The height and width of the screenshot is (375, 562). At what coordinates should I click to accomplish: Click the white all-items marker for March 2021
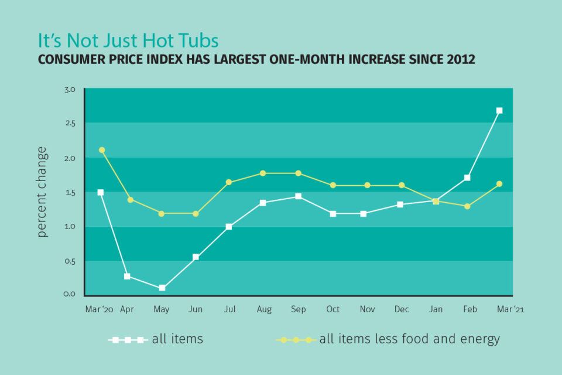(x=499, y=110)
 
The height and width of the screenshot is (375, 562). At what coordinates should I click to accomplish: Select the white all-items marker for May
(x=162, y=288)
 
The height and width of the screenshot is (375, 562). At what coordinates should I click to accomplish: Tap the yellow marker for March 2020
(x=102, y=150)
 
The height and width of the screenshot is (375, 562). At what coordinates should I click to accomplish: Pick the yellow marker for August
(x=263, y=173)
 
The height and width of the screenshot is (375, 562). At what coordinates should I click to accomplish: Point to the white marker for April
(x=127, y=276)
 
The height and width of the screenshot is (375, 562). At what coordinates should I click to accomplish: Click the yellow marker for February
(x=467, y=206)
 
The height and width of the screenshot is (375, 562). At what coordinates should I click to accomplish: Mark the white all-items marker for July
(x=229, y=226)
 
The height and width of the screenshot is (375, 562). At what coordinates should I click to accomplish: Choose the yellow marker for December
(x=401, y=185)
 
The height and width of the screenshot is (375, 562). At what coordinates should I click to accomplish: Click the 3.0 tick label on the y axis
(x=70, y=90)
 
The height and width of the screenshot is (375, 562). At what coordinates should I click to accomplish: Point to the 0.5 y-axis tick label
(x=70, y=261)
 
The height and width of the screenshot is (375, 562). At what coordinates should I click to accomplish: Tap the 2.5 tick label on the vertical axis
(x=70, y=123)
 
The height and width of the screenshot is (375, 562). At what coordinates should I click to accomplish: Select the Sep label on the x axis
(x=297, y=309)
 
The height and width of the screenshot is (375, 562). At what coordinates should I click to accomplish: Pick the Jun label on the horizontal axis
(x=196, y=309)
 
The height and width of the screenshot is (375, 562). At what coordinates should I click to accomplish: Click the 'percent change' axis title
(x=42, y=192)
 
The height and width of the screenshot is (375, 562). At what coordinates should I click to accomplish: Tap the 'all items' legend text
(x=177, y=339)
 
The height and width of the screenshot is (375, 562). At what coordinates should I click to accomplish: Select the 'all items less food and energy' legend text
(x=409, y=339)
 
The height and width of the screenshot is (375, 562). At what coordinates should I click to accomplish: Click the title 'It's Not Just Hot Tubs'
(x=128, y=41)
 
